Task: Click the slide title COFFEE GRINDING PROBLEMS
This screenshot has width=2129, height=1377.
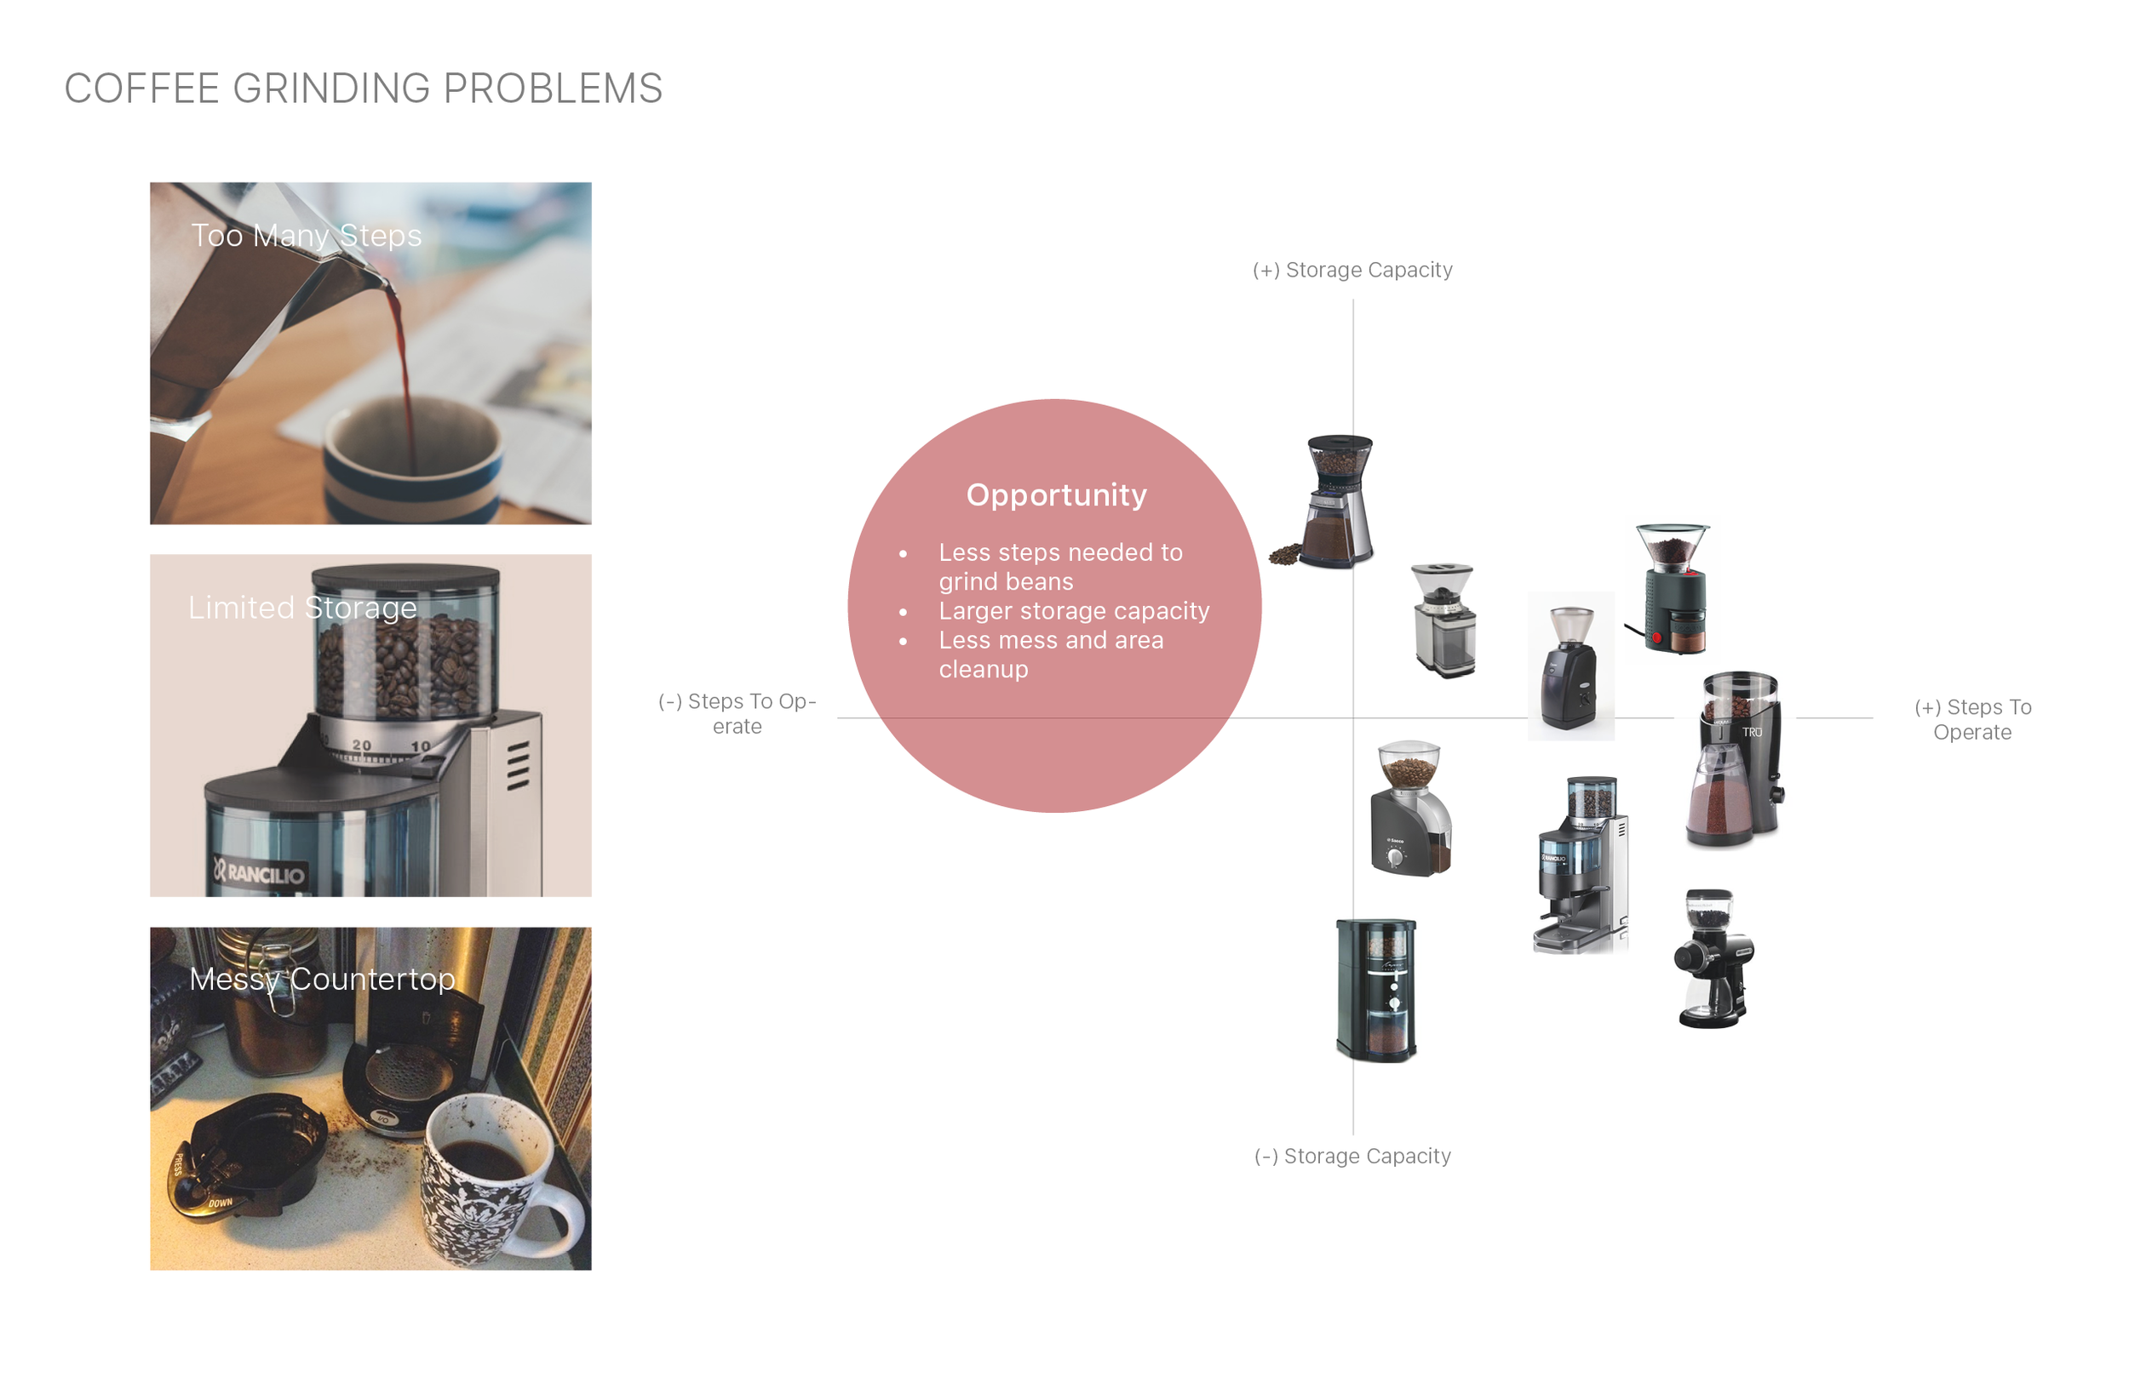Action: point(363,89)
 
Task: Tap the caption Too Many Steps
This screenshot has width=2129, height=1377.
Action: point(307,235)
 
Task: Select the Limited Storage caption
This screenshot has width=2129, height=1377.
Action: point(302,607)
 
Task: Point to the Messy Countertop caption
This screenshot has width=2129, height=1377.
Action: point(322,979)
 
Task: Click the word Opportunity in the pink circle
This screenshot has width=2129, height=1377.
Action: point(1057,495)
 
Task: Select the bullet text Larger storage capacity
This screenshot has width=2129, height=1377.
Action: point(1074,611)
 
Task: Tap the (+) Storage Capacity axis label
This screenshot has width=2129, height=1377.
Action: point(1352,270)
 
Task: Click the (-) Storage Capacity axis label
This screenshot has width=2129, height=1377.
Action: point(1352,1156)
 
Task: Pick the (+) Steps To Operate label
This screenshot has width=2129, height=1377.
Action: point(1972,720)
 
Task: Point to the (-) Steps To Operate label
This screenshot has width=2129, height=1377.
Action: point(737,713)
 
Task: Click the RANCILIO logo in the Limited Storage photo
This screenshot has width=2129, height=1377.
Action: point(260,871)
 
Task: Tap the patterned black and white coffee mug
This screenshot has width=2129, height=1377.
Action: point(501,1180)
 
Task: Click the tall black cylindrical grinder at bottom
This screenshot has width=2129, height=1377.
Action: point(1376,990)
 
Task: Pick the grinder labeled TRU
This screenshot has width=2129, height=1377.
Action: point(1736,759)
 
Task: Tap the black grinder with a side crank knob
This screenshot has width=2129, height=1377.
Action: point(1713,958)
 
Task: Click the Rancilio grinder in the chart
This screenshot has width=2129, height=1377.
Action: point(1581,865)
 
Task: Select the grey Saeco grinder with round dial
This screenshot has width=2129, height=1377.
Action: point(1411,808)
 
